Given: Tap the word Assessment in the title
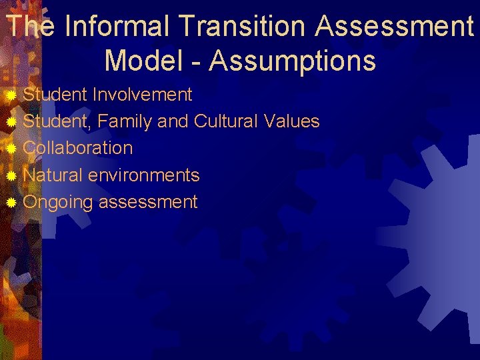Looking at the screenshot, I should click(395, 27).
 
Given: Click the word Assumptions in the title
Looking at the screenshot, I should click(293, 61).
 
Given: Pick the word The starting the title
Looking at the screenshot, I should click(29, 27).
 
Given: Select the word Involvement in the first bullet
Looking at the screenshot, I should click(143, 95).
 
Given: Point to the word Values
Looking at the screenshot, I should click(291, 121).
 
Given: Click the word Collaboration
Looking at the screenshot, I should click(78, 148).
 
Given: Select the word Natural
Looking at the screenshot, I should click(53, 175).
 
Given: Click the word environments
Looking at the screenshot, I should click(144, 175).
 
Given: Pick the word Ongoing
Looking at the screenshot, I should click(57, 202).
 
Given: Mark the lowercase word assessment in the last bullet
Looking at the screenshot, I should click(148, 202).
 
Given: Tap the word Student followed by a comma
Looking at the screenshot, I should click(58, 121).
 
